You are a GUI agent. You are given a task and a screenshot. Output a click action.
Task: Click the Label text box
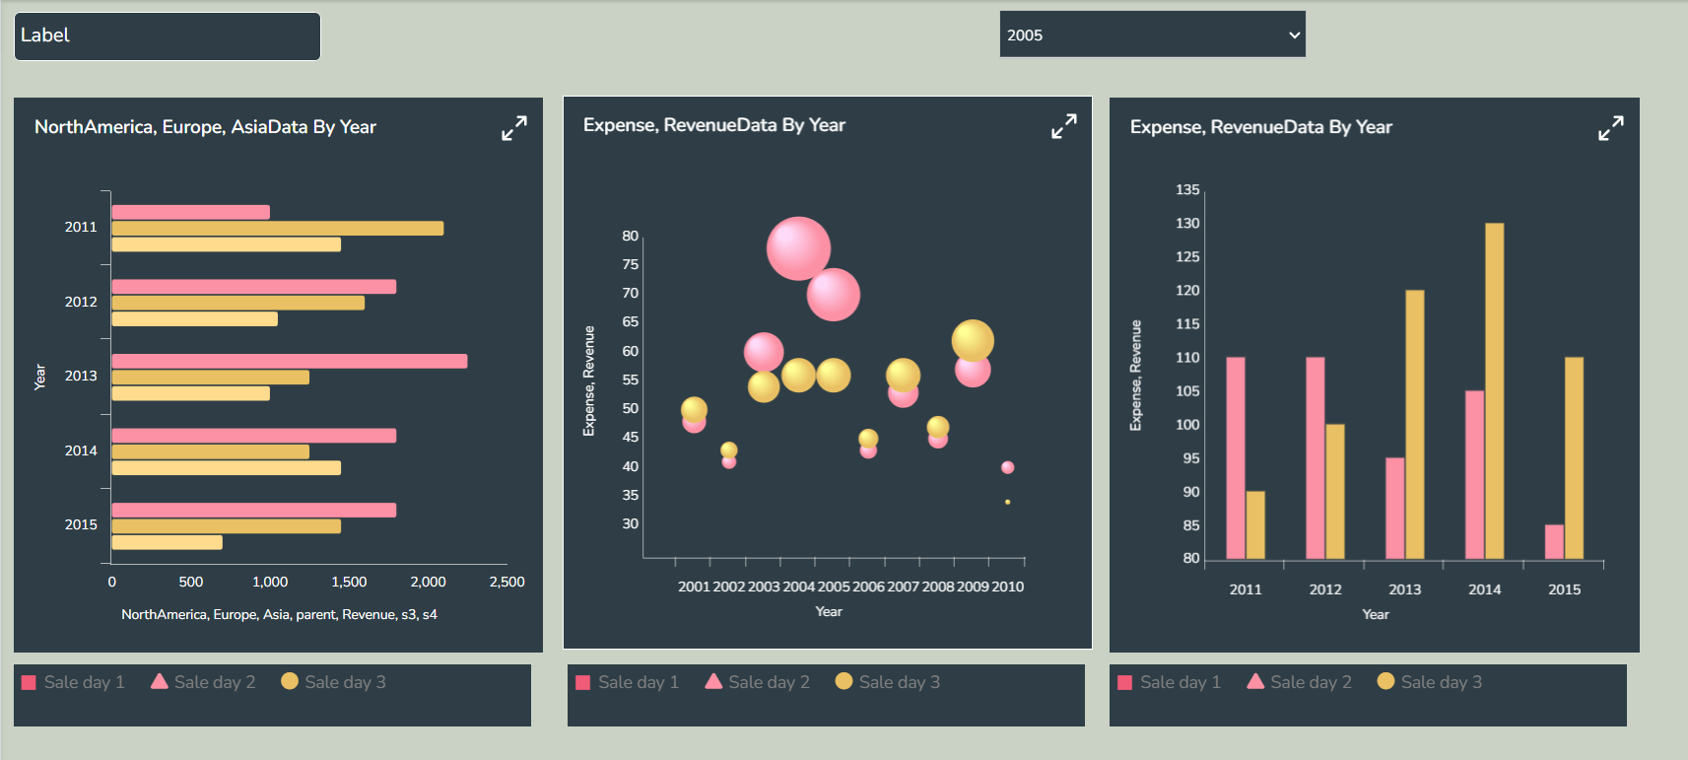[x=168, y=36]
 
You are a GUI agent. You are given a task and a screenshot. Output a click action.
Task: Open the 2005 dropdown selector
[x=1152, y=35]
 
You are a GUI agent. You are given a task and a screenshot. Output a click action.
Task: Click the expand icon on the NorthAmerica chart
[x=514, y=128]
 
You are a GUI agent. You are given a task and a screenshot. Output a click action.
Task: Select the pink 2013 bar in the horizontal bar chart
[x=289, y=361]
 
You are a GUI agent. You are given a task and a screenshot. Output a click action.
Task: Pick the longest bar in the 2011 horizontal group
[x=277, y=229]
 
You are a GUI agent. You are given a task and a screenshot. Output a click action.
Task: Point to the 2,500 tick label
[x=506, y=582]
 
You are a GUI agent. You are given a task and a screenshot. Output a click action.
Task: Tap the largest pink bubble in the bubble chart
[x=798, y=248]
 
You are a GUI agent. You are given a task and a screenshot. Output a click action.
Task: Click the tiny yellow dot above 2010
[x=1007, y=502]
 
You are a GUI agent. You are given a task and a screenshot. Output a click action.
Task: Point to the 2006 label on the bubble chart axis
[x=868, y=587]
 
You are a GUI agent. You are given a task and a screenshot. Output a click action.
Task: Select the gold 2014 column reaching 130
[x=1494, y=390]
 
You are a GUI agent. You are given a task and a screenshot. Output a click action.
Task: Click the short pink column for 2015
[x=1554, y=541]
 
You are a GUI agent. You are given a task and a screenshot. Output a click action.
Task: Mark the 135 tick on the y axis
[x=1187, y=189]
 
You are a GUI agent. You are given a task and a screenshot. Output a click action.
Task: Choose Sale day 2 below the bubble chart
[x=758, y=682]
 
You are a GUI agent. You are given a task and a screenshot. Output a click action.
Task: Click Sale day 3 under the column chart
[x=1429, y=682]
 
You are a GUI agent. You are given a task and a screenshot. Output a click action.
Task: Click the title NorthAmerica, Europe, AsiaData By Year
[x=205, y=127]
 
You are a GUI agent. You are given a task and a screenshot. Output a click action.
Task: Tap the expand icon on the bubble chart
[x=1064, y=126]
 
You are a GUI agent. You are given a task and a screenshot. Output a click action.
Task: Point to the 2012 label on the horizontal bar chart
[x=81, y=302]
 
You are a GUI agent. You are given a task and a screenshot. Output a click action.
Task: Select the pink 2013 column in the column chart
[x=1394, y=508]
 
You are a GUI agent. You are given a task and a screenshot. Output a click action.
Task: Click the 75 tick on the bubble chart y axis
[x=630, y=264]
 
